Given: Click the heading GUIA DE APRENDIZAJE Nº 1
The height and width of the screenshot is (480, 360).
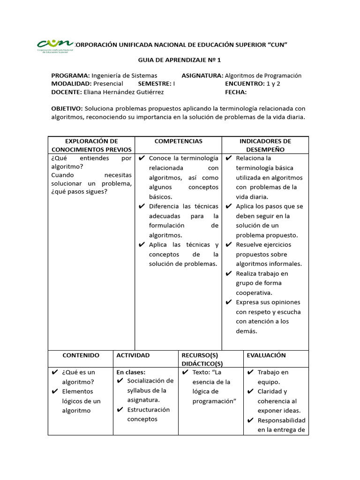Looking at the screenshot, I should pyautogui.click(x=179, y=60).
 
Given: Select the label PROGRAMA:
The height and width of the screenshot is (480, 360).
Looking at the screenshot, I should pyautogui.click(x=70, y=75).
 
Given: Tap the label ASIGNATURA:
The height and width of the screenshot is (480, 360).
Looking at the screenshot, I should pyautogui.click(x=202, y=75).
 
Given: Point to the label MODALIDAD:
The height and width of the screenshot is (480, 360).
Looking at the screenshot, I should pyautogui.click(x=71, y=83).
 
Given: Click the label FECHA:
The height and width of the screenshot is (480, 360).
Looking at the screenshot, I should pyautogui.click(x=236, y=92).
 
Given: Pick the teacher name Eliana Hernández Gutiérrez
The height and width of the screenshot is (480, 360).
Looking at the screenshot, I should pyautogui.click(x=124, y=92).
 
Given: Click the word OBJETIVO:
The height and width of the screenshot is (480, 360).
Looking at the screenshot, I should pyautogui.click(x=67, y=108).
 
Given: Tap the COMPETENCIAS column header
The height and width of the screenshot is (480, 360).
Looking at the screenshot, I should pyautogui.click(x=178, y=141).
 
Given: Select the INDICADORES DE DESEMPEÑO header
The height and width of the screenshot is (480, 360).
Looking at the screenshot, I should pyautogui.click(x=265, y=145).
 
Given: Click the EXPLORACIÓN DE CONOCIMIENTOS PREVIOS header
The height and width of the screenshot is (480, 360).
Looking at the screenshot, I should pyautogui.click(x=91, y=145).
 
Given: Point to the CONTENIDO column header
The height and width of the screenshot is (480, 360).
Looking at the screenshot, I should pyautogui.click(x=81, y=355).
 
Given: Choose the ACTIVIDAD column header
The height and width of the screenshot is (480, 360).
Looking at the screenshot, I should pyautogui.click(x=133, y=355).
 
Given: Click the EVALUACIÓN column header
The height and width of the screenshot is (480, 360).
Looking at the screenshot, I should pyautogui.click(x=266, y=355).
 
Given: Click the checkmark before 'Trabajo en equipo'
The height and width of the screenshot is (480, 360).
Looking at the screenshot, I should pyautogui.click(x=250, y=373).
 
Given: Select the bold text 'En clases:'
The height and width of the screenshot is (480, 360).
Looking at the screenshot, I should pyautogui.click(x=131, y=372).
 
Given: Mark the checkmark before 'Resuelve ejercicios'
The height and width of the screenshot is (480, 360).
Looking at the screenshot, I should pyautogui.click(x=229, y=245).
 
